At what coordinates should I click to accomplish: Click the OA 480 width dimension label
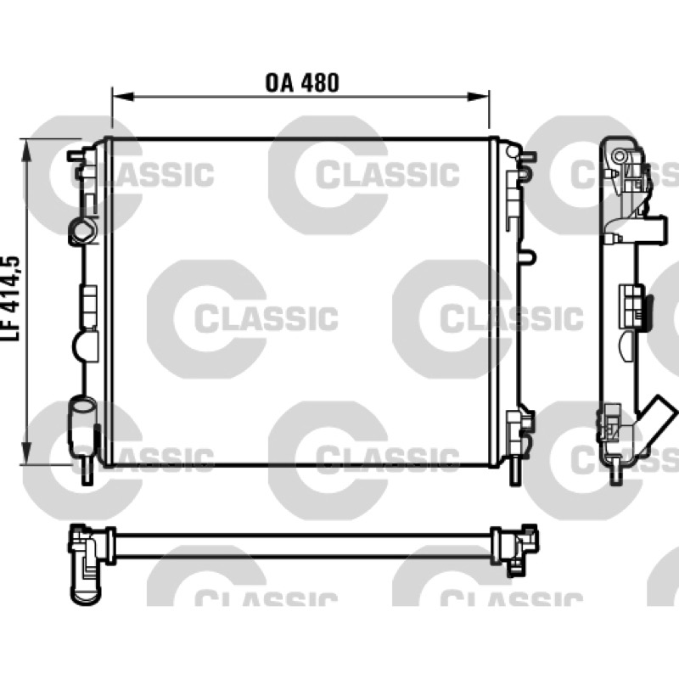pos(302,82)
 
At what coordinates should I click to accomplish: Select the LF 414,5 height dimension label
pos(11,299)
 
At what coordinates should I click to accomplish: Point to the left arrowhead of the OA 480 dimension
pos(123,97)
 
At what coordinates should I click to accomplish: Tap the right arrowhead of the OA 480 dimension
pos(478,97)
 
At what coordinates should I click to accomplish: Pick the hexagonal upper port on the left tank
pos(81,232)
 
